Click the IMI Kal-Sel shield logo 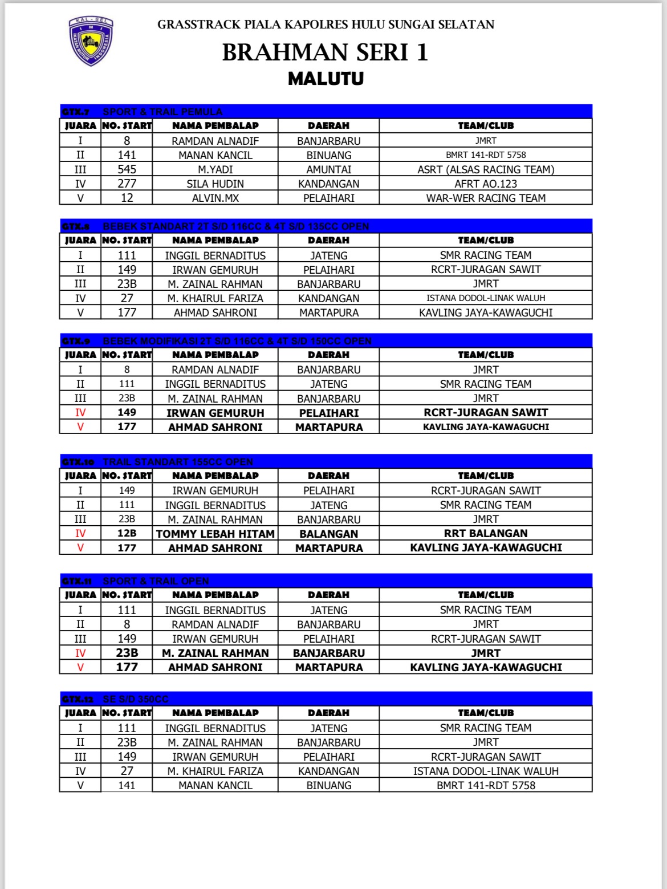coord(91,40)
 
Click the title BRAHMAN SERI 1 coord(325,52)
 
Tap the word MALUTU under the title coord(326,79)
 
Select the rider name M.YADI coord(215,169)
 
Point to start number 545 coord(127,169)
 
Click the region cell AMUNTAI coord(328,169)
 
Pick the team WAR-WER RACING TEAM coord(486,198)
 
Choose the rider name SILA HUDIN coord(215,184)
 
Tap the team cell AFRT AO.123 coord(486,184)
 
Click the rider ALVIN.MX coord(215,198)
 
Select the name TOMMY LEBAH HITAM coord(215,534)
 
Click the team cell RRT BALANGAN coord(486,534)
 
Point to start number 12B coord(127,534)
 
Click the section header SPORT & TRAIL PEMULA coord(162,112)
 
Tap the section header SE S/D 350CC coord(136,699)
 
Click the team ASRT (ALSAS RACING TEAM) coord(486,169)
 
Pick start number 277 coord(127,184)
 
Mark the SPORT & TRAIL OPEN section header coord(156,581)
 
